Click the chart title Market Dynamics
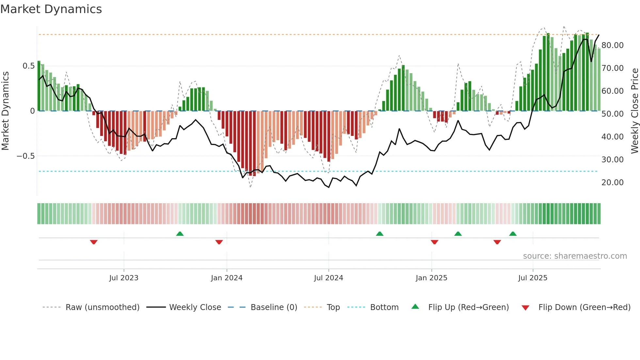(x=51, y=9)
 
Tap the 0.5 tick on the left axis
(x=28, y=66)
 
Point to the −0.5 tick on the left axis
(x=26, y=156)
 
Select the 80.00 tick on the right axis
(x=612, y=45)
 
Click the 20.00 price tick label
(x=612, y=183)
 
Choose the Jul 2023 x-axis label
(x=124, y=278)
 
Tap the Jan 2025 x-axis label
(x=431, y=278)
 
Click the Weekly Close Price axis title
(x=634, y=111)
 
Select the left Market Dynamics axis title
(x=5, y=111)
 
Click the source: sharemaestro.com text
(x=575, y=256)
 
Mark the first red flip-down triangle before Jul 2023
(x=94, y=242)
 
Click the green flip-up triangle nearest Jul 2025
(x=513, y=234)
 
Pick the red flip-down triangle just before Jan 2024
(x=219, y=242)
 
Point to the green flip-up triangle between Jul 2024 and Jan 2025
(x=379, y=234)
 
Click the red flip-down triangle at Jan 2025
(x=434, y=242)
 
